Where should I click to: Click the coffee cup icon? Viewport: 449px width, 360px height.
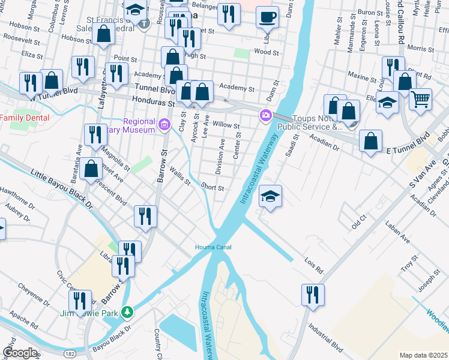click(x=267, y=17)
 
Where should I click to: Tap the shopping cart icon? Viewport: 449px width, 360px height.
click(x=421, y=98)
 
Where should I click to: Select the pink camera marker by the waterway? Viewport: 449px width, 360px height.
click(x=265, y=115)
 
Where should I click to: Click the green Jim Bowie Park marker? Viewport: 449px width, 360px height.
click(x=127, y=312)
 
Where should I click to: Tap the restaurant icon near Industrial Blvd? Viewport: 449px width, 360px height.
click(x=313, y=295)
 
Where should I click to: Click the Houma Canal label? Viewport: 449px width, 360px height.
click(x=213, y=247)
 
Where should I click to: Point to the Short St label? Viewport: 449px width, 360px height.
click(x=212, y=187)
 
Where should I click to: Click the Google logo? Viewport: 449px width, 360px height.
click(x=20, y=352)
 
